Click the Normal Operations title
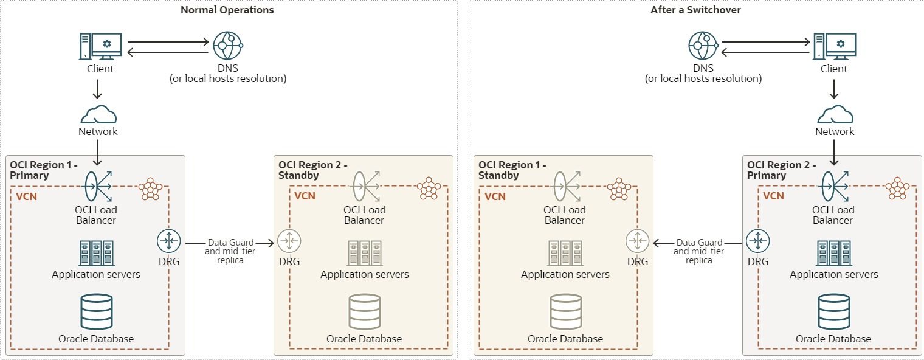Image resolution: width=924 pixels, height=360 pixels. [x=227, y=10]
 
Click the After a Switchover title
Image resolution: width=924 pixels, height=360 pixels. [x=695, y=10]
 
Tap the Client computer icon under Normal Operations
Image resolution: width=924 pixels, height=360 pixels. [x=100, y=46]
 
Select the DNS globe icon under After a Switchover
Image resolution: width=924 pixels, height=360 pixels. [x=703, y=46]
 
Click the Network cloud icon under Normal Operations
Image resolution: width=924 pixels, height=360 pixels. [x=98, y=114]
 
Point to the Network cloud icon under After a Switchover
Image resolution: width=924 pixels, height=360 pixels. [x=834, y=114]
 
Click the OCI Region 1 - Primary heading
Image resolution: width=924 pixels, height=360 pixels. [x=44, y=170]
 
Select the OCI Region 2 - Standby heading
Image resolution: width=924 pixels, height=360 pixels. [x=313, y=170]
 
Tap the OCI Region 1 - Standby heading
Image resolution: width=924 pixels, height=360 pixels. [x=512, y=170]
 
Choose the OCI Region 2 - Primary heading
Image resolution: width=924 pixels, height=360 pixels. [x=781, y=170]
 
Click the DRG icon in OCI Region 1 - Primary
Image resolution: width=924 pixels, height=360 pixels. [x=169, y=241]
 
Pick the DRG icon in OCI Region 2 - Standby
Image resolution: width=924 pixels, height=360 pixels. [x=289, y=241]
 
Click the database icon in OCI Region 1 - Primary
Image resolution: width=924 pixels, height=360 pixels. [x=96, y=312]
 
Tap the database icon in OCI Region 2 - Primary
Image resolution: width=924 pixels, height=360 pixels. [x=833, y=312]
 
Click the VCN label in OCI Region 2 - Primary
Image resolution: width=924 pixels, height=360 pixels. [x=773, y=196]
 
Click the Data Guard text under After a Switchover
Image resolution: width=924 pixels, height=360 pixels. [x=699, y=242]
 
